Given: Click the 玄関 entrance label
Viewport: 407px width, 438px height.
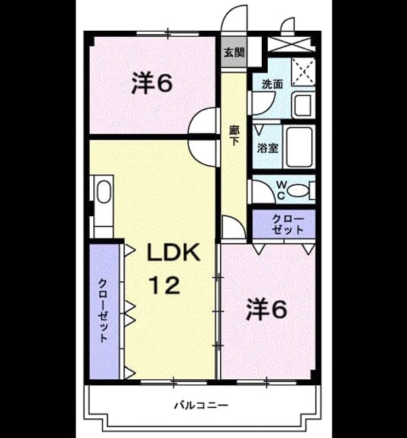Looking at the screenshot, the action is pyautogui.click(x=234, y=52).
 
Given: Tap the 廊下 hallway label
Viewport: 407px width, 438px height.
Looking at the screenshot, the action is pyautogui.click(x=234, y=136).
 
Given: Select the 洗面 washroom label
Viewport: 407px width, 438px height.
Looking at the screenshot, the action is pyautogui.click(x=272, y=84).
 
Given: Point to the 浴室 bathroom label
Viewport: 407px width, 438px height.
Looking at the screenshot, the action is pyautogui.click(x=268, y=148).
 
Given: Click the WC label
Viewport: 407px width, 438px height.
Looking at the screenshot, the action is pyautogui.click(x=282, y=190).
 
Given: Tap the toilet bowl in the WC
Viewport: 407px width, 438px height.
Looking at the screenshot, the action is pyautogui.click(x=297, y=191).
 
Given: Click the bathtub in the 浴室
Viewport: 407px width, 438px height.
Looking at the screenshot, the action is pyautogui.click(x=299, y=146).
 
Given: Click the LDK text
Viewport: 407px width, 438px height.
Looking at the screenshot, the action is pyautogui.click(x=173, y=253).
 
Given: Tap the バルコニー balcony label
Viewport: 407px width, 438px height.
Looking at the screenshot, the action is pyautogui.click(x=201, y=405).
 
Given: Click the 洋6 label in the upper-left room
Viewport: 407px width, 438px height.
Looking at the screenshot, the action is pyautogui.click(x=152, y=83).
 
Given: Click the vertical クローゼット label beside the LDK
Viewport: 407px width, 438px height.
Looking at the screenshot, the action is pyautogui.click(x=103, y=310).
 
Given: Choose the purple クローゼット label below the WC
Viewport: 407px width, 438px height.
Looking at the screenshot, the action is pyautogui.click(x=288, y=224).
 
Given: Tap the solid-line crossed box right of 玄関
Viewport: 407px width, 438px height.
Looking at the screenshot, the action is pyautogui.click(x=291, y=44).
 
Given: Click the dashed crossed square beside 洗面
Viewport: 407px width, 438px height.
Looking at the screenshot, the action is pyautogui.click(x=304, y=71).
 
